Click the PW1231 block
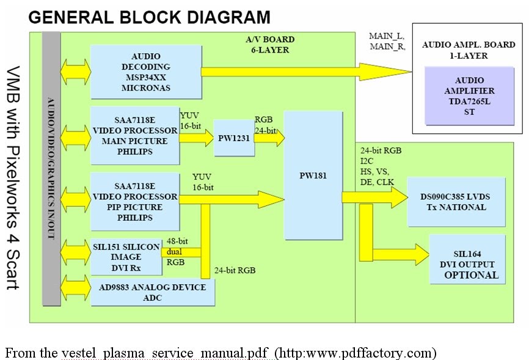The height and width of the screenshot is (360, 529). click(233, 138)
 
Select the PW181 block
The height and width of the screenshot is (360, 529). click(313, 175)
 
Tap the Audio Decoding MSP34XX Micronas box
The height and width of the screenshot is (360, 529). click(145, 72)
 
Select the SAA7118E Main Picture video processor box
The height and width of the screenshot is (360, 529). click(134, 135)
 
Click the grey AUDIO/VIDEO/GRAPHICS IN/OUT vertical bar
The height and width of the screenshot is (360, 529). click(51, 168)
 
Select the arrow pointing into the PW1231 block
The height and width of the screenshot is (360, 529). click(196, 138)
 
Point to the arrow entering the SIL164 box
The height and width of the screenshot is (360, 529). click(397, 254)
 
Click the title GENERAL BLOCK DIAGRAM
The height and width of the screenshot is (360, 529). click(150, 17)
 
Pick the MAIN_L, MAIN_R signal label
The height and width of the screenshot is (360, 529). click(387, 41)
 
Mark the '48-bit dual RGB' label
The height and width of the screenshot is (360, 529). click(177, 252)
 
